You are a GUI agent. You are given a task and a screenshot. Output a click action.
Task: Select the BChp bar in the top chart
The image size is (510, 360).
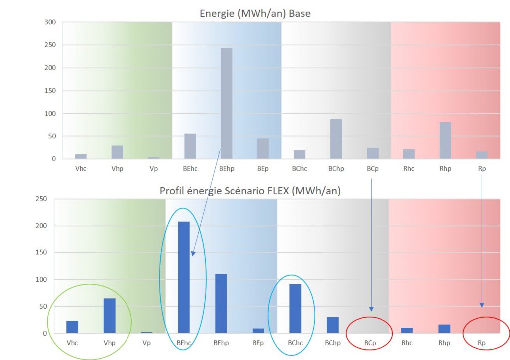point(336,139)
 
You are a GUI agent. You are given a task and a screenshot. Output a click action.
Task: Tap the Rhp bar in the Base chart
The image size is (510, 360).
point(445,141)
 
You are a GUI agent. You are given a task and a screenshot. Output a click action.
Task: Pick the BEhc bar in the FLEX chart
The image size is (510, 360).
point(184,277)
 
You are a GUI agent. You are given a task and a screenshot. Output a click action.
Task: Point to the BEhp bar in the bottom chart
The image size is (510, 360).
point(221,303)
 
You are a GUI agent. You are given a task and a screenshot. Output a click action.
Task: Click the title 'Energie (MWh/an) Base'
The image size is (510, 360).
point(255,13)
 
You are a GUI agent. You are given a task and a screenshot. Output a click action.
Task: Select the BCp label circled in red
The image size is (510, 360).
point(370,343)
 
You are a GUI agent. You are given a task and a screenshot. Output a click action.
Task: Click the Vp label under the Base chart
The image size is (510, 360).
point(154,169)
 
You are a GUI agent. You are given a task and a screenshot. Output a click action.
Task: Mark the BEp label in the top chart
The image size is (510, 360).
point(263,169)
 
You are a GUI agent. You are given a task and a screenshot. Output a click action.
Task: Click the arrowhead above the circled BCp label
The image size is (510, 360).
point(371,307)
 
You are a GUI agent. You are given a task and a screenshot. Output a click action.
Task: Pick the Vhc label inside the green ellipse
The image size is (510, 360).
point(72,343)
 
